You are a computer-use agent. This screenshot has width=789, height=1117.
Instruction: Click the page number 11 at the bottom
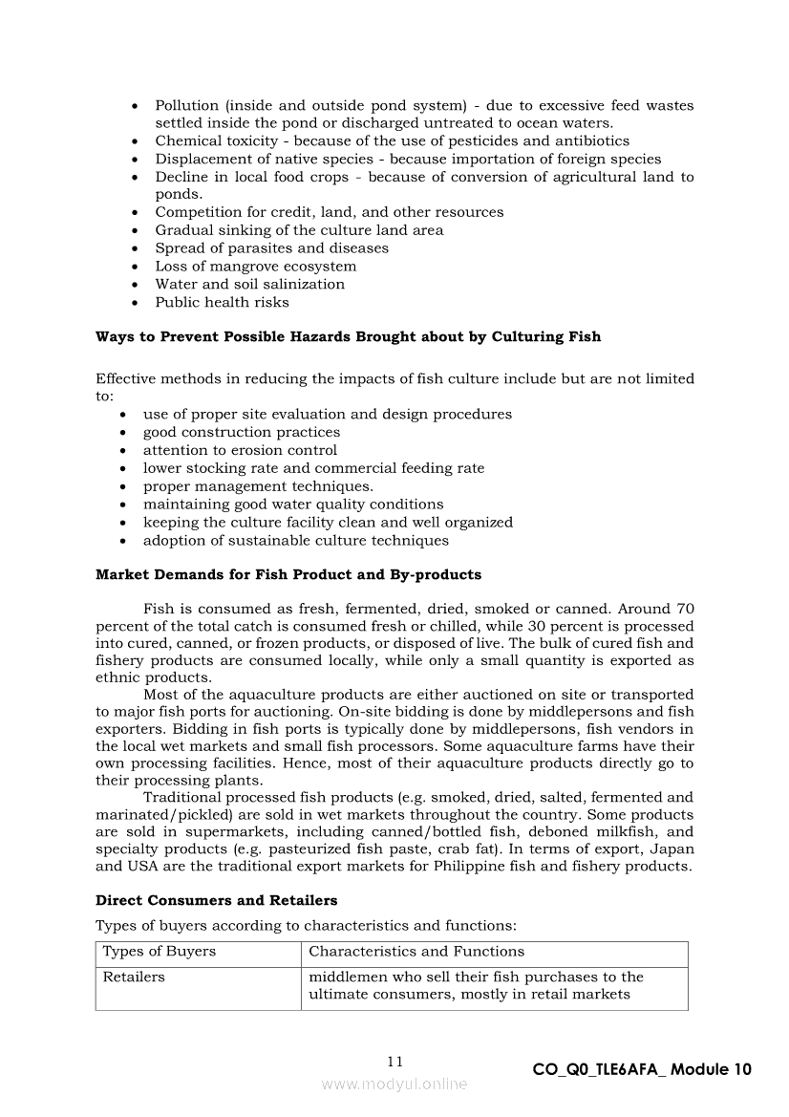(395, 1062)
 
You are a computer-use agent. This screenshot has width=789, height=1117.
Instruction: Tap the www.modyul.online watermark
(394, 1084)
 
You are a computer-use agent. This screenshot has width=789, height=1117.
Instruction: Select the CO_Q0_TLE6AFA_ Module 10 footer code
(642, 1070)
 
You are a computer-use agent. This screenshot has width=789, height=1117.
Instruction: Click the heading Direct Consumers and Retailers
(216, 900)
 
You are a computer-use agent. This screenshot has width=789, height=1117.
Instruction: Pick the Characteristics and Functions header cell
(416, 952)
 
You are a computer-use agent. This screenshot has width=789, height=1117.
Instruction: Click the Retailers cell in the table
(134, 977)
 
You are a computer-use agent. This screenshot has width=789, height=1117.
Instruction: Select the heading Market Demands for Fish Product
(288, 575)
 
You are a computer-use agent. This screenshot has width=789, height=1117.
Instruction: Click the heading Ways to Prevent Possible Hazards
(348, 336)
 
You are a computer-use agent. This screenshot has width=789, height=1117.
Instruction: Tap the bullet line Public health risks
(222, 302)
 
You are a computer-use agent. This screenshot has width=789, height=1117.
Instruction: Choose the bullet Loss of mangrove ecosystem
(255, 267)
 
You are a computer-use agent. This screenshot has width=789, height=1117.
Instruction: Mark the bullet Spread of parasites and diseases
(271, 248)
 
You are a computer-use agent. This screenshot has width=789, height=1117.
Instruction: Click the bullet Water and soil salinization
(249, 284)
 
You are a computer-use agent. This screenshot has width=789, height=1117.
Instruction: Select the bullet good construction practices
(241, 432)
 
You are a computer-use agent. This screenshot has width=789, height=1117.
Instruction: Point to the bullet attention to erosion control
(240, 450)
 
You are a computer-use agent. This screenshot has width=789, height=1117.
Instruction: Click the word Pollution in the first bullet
(187, 105)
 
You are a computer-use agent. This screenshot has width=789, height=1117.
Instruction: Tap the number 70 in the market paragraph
(684, 608)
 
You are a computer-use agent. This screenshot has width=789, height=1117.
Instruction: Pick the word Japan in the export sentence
(674, 848)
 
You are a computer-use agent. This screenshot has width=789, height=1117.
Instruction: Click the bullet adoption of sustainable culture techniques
(295, 540)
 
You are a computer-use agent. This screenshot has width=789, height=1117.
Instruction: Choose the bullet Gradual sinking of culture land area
(299, 230)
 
